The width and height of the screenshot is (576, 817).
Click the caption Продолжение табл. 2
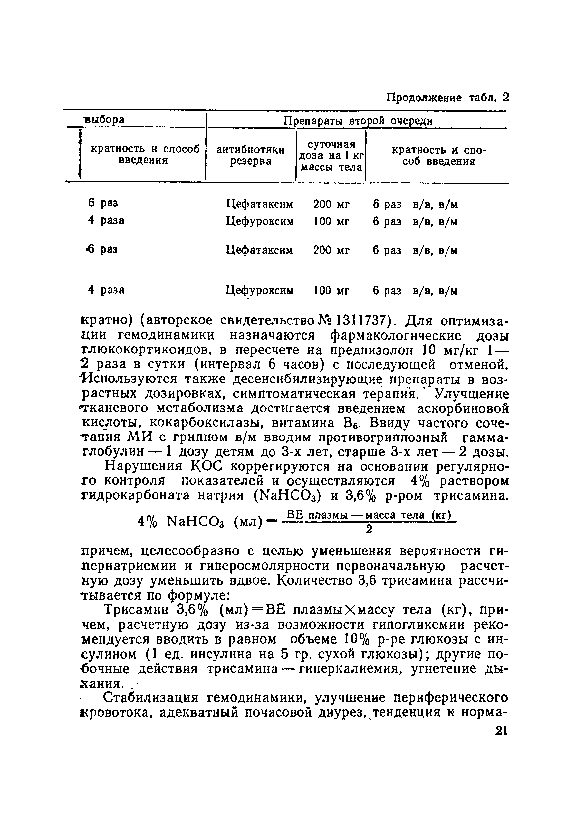(447, 98)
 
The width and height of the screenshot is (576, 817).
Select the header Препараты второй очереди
(358, 121)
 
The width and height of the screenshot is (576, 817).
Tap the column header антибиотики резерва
(251, 155)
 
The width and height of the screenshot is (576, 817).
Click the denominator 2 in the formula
(369, 530)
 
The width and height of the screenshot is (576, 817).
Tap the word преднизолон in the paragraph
(371, 351)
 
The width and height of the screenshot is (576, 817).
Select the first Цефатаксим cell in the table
(260, 204)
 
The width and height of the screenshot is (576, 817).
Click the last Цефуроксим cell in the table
(260, 291)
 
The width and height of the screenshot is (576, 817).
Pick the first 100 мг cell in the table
(331, 222)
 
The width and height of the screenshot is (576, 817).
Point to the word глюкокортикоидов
(147, 351)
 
